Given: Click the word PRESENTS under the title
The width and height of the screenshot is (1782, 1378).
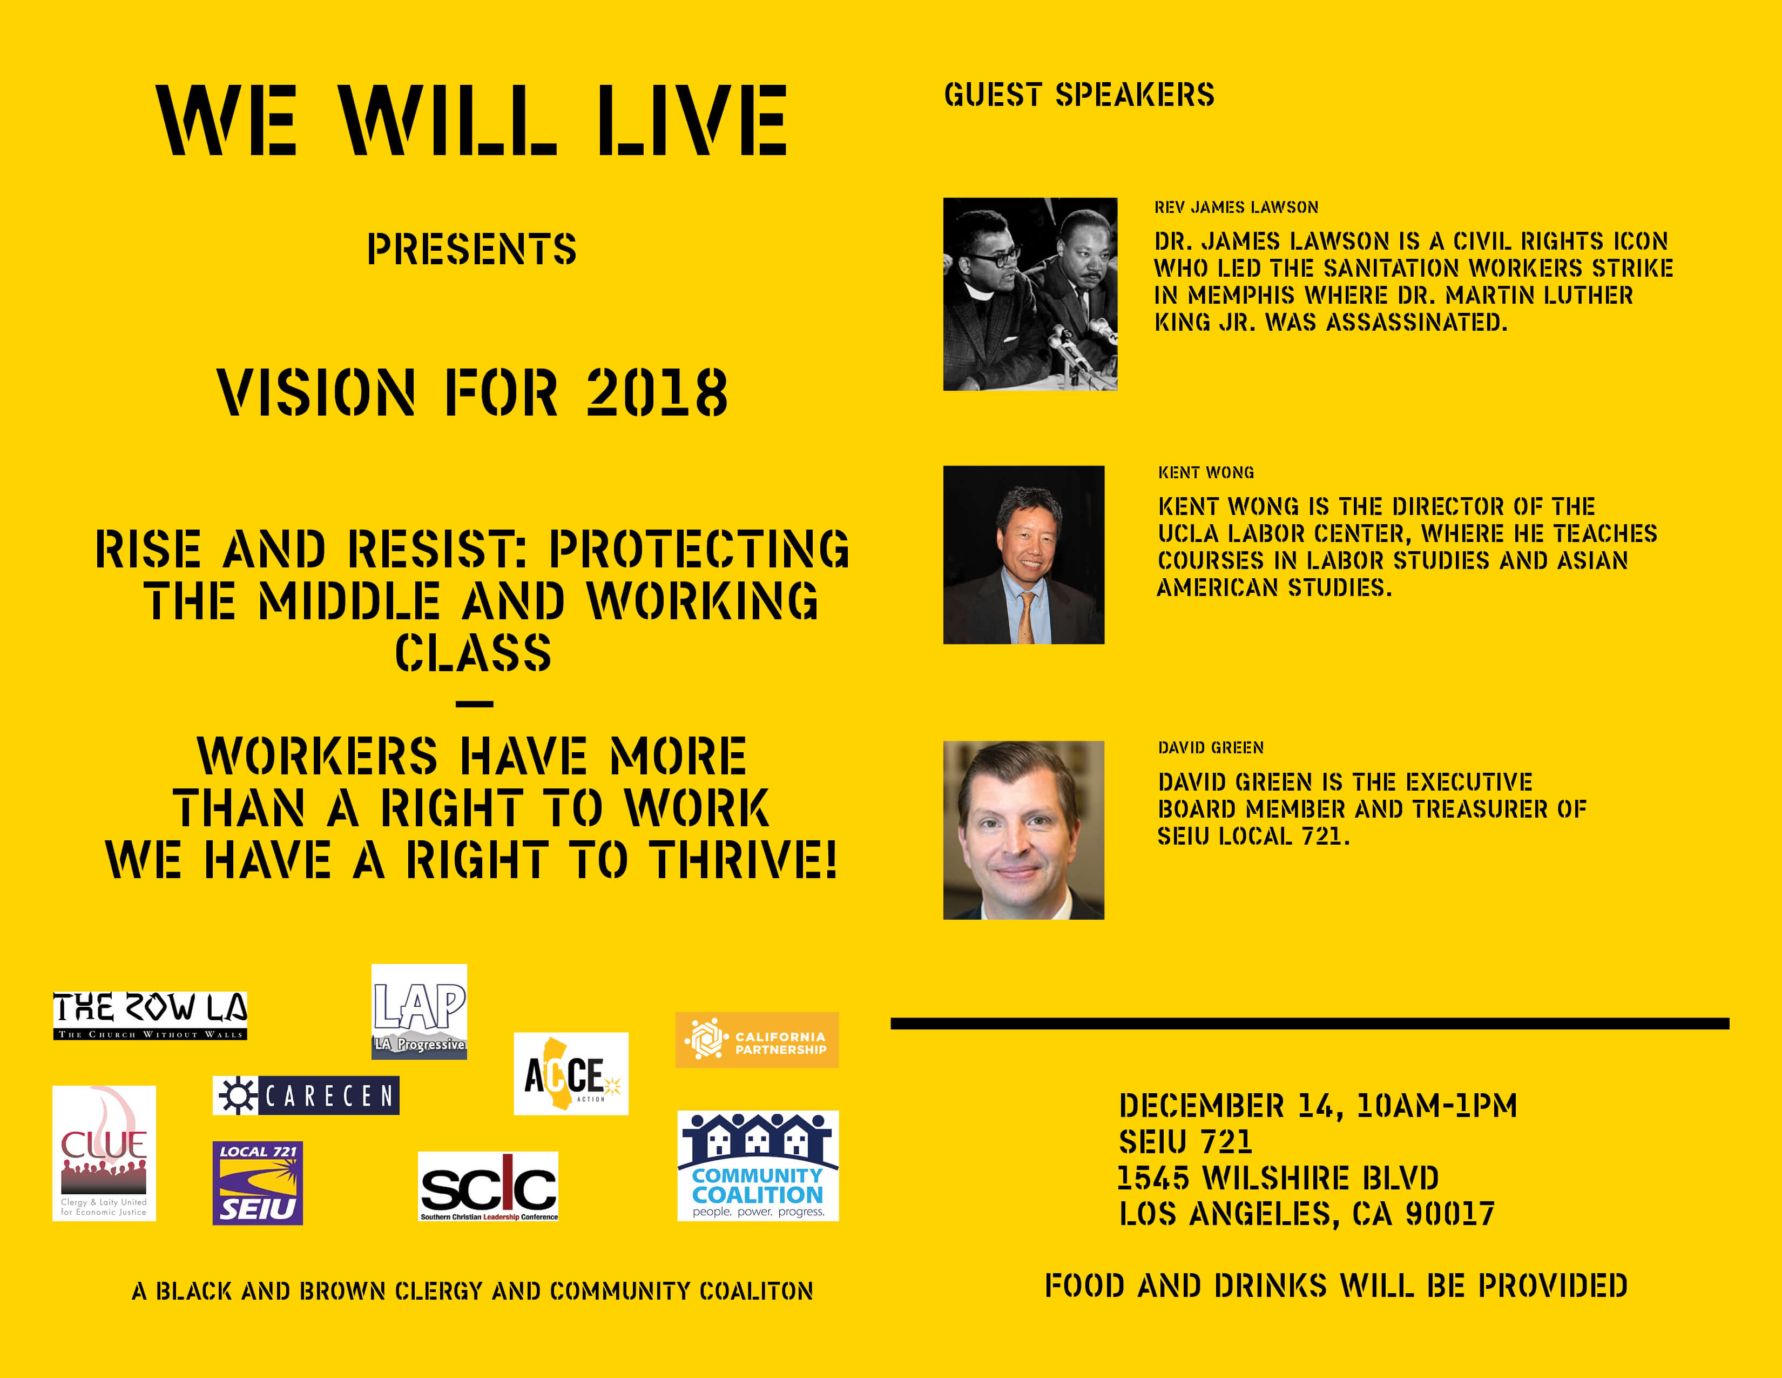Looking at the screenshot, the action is click(471, 249).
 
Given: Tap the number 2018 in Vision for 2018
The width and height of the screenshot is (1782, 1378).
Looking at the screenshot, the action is click(657, 393).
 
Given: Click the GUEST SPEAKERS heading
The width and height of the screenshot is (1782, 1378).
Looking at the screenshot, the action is click(1079, 95).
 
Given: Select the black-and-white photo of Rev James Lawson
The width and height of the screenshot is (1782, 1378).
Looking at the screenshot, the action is click(1030, 294).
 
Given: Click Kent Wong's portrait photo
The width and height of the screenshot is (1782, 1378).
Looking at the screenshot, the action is click(1023, 555).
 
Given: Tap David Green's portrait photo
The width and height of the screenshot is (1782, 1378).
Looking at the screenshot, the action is click(1023, 830).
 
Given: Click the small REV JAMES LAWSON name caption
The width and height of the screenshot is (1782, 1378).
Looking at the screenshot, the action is click(1236, 208).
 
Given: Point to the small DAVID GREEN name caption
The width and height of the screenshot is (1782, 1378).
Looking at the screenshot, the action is click(1211, 748).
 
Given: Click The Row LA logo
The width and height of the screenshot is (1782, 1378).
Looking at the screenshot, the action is click(150, 1015).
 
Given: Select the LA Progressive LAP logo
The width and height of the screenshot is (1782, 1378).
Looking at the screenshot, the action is click(420, 1012).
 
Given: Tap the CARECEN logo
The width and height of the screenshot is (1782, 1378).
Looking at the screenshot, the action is click(306, 1095).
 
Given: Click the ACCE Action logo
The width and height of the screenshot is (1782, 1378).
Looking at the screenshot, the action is click(571, 1074).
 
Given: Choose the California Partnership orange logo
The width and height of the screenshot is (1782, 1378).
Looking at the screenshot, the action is click(757, 1040).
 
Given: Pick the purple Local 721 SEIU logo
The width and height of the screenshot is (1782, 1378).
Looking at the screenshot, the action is click(258, 1183).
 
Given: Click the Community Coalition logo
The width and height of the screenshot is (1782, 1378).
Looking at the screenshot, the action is click(758, 1166).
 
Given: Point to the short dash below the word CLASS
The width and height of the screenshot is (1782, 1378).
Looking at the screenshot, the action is click(475, 704).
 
